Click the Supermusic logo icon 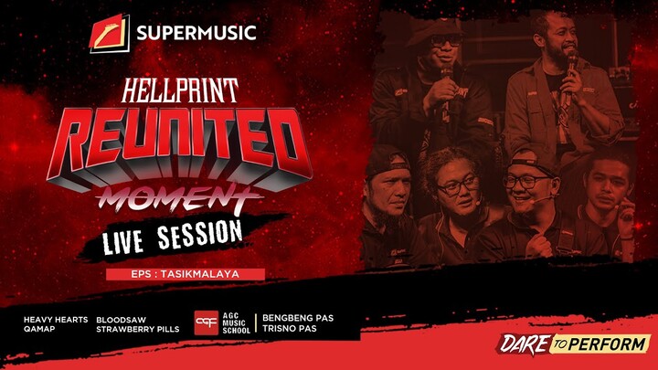[x=110, y=34]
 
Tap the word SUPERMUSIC [x=196, y=35]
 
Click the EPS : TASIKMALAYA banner [x=186, y=273]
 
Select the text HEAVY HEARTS [x=57, y=319]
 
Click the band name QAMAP [x=40, y=329]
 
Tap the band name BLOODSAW [x=122, y=319]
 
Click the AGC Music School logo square [x=207, y=323]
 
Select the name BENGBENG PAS [x=297, y=318]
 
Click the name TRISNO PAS [x=290, y=329]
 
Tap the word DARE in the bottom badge [x=523, y=344]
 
